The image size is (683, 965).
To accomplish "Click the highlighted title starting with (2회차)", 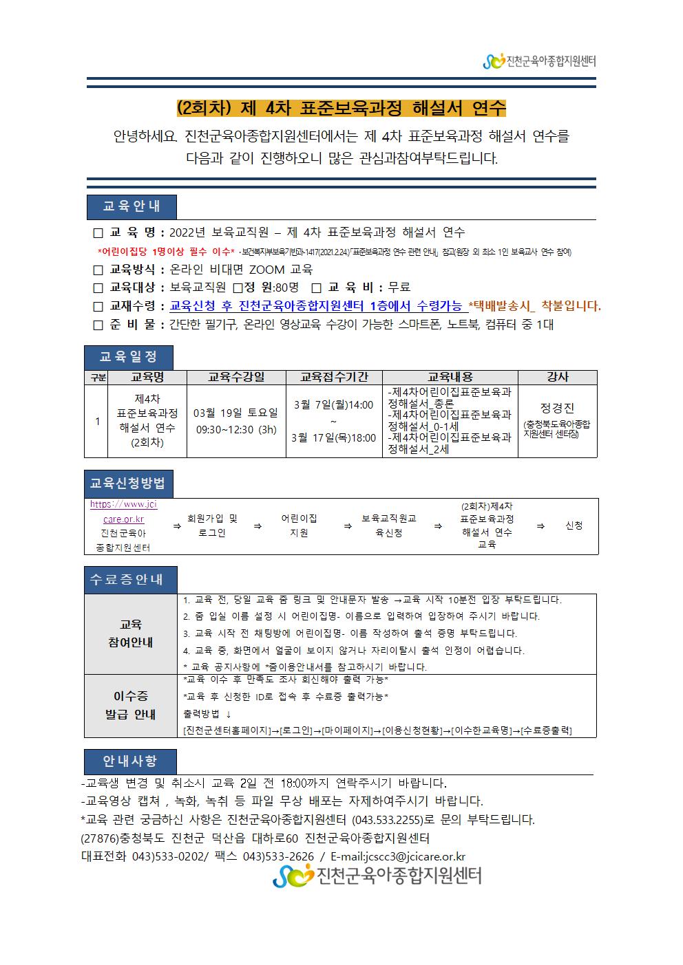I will (x=341, y=108).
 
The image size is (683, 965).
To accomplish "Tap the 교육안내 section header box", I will (x=132, y=206).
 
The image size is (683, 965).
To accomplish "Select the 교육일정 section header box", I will (x=129, y=357).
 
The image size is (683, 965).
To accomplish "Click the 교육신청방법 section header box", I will (x=129, y=484).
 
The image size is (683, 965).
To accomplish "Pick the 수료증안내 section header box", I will (x=131, y=579).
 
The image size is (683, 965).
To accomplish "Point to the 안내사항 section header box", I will (x=130, y=761).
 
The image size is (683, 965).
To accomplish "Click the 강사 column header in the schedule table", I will (x=557, y=377).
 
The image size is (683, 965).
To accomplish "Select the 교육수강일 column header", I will (x=236, y=377).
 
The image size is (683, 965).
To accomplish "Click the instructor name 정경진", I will (x=557, y=408).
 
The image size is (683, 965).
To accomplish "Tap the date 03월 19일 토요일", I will (x=236, y=413).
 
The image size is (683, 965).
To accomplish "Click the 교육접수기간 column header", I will (x=334, y=377).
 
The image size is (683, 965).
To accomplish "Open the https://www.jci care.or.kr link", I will (x=124, y=512).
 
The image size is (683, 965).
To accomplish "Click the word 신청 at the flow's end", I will (x=574, y=525).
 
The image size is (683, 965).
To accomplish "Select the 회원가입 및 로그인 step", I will (x=212, y=525).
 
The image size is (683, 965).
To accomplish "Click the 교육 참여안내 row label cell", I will (x=131, y=633).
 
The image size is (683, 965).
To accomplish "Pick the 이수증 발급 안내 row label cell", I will (x=131, y=705).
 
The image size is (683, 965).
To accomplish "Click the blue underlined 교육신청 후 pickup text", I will (x=315, y=306).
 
